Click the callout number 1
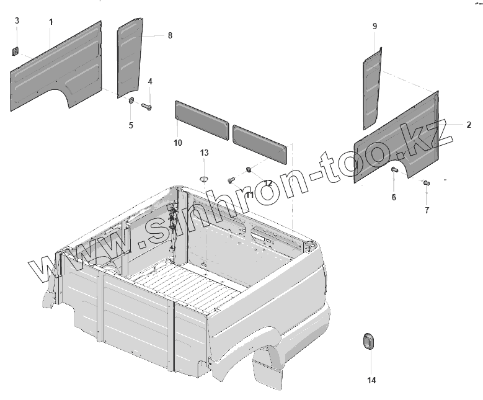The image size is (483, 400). pos(51,22)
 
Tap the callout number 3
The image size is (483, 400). pos(17,21)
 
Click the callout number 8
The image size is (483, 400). pos(170,36)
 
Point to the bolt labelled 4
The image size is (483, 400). pos(147,107)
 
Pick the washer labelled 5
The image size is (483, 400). pos(131,101)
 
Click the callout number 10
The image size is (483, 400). pos(178,143)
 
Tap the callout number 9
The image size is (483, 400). pos(374,26)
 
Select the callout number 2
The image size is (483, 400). pos(469,125)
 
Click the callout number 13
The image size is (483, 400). pos(204,153)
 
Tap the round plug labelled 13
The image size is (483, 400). pos(204,179)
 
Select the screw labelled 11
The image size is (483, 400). pos(231,180)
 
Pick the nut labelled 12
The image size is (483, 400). pos(249,169)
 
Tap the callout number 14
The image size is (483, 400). pos(371,380)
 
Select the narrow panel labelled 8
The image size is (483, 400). pos(130,57)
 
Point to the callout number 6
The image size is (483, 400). pos(394,197)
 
